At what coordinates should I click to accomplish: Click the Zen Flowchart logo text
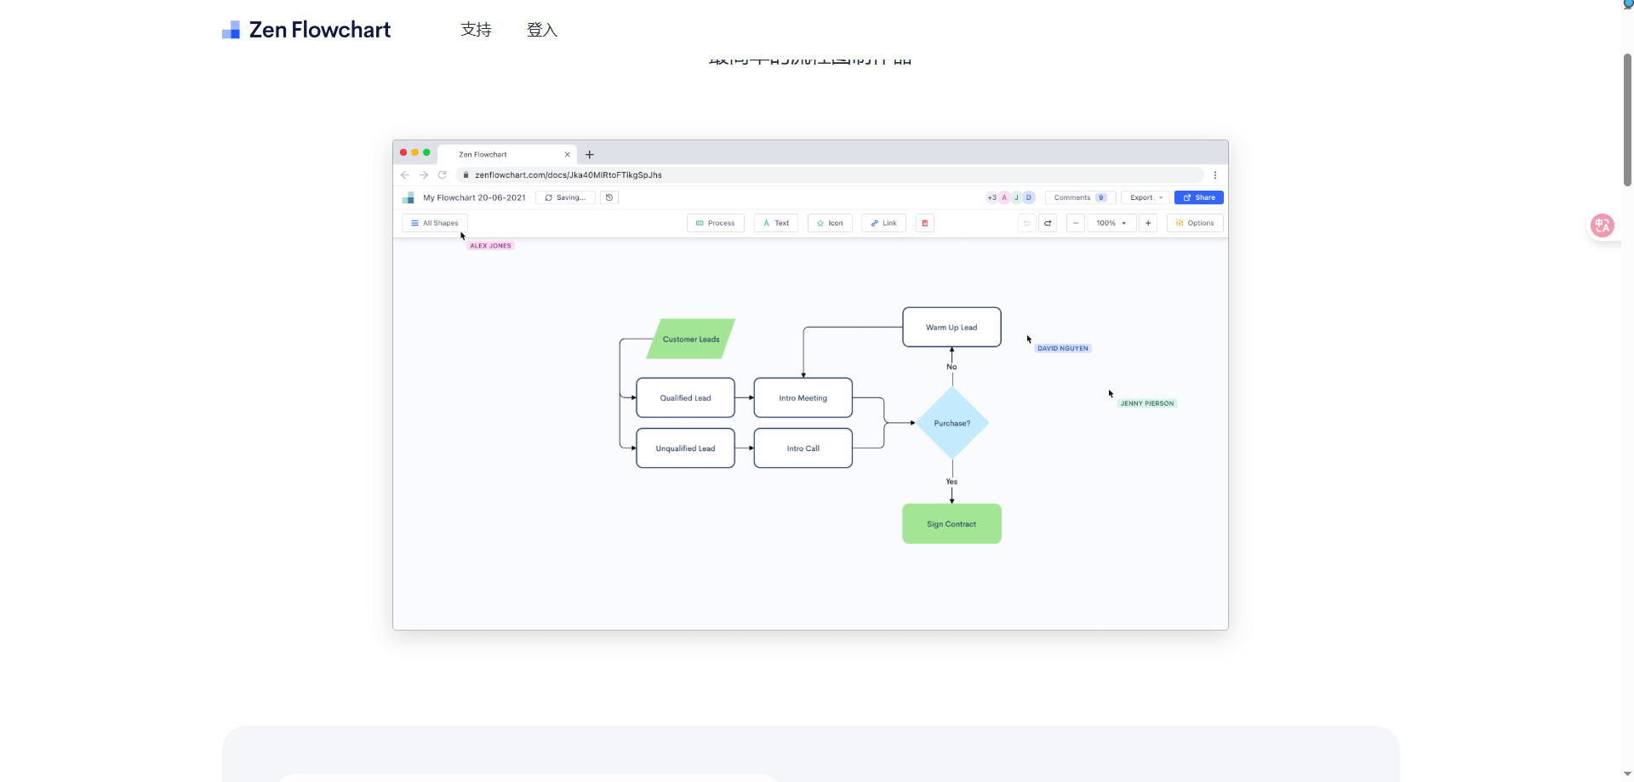pyautogui.click(x=319, y=30)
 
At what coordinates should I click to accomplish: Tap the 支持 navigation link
pyautogui.click(x=476, y=30)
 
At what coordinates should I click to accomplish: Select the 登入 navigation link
pyautogui.click(x=541, y=30)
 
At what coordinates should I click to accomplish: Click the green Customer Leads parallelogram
pyautogui.click(x=691, y=339)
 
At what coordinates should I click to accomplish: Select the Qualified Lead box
pyautogui.click(x=685, y=397)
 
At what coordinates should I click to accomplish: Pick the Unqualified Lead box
pyautogui.click(x=685, y=448)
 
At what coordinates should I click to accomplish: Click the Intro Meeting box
pyautogui.click(x=803, y=397)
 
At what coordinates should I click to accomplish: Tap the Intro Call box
pyautogui.click(x=803, y=448)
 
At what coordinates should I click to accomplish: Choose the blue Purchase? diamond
pyautogui.click(x=951, y=423)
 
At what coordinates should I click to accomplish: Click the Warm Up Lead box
pyautogui.click(x=951, y=327)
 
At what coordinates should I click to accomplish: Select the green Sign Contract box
pyautogui.click(x=951, y=524)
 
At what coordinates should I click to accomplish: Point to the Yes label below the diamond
pyautogui.click(x=951, y=482)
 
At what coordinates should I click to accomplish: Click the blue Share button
pyautogui.click(x=1198, y=197)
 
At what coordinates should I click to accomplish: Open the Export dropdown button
pyautogui.click(x=1146, y=197)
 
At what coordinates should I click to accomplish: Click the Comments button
pyautogui.click(x=1079, y=197)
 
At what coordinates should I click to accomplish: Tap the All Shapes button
pyautogui.click(x=434, y=223)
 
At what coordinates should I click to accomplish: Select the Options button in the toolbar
pyautogui.click(x=1195, y=223)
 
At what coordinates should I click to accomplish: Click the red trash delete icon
pyautogui.click(x=924, y=223)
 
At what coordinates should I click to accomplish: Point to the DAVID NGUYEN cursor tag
pyautogui.click(x=1062, y=348)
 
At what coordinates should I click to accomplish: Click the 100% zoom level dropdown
pyautogui.click(x=1111, y=223)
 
